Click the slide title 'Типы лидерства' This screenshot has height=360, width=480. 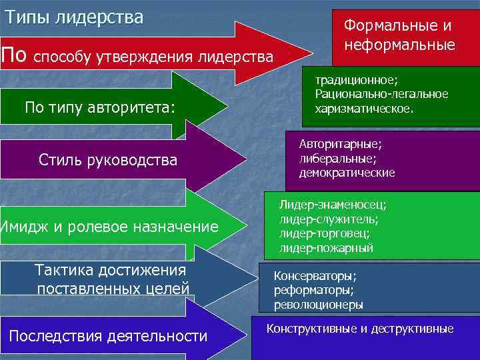[x=74, y=17]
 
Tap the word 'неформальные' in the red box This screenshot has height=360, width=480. [x=399, y=45]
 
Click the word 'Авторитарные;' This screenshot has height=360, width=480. [x=341, y=144]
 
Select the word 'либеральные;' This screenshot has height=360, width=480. [x=337, y=158]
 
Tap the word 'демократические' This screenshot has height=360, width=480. [x=347, y=173]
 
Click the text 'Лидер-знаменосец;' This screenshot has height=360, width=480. [x=333, y=205]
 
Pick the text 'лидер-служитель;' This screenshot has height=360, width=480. [x=329, y=219]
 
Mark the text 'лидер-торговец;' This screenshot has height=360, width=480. [x=325, y=233]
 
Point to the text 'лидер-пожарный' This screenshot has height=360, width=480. [x=326, y=248]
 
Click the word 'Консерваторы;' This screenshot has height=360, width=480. [x=315, y=275]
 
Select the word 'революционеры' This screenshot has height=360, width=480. [x=318, y=305]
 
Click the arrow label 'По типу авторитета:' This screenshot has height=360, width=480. [x=99, y=107]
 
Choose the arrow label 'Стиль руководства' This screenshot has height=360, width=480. [x=108, y=160]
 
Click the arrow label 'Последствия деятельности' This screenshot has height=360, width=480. [x=108, y=336]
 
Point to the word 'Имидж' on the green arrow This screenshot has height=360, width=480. [x=25, y=227]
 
